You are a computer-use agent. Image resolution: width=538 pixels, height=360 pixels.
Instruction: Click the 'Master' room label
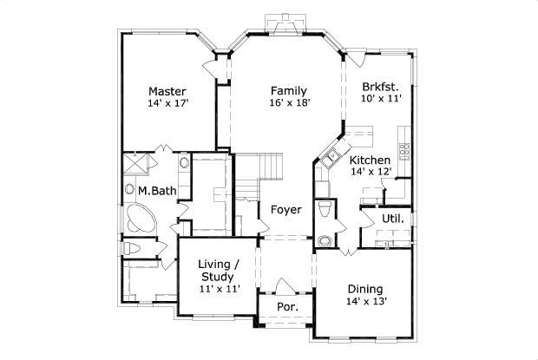click(167, 91)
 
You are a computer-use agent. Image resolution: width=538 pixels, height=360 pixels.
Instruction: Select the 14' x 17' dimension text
click(167, 103)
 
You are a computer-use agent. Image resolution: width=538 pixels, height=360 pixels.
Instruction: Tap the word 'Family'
click(287, 90)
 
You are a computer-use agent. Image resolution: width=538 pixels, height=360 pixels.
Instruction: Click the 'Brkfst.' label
click(379, 87)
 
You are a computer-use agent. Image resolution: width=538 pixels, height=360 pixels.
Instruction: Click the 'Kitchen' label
click(370, 160)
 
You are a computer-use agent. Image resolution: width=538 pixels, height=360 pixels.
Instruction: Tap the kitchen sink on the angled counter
click(330, 158)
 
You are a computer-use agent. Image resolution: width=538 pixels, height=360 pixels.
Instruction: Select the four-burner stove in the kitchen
click(403, 147)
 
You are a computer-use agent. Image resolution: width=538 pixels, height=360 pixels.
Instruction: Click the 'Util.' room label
click(392, 219)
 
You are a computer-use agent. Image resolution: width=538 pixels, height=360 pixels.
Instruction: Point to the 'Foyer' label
click(285, 210)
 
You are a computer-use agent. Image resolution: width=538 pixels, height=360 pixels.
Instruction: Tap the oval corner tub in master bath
click(139, 219)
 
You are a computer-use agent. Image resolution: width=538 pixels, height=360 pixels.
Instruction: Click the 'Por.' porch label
click(286, 307)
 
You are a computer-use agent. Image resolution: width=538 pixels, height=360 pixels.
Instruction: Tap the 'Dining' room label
click(365, 289)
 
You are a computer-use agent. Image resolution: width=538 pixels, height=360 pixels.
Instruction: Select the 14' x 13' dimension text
click(365, 302)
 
